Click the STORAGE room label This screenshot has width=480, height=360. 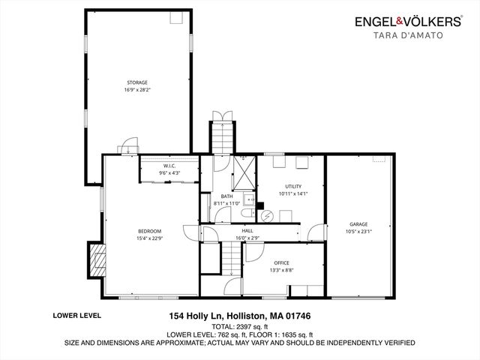136,82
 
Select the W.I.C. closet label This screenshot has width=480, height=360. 169,166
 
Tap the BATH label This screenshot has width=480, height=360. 226,196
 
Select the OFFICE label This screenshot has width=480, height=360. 281,262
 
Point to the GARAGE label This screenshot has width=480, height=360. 361,224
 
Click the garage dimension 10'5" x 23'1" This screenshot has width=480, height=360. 361,232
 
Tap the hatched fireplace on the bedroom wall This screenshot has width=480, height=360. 95,259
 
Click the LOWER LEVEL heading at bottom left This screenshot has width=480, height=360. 77,316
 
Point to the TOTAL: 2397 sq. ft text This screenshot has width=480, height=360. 239,326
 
